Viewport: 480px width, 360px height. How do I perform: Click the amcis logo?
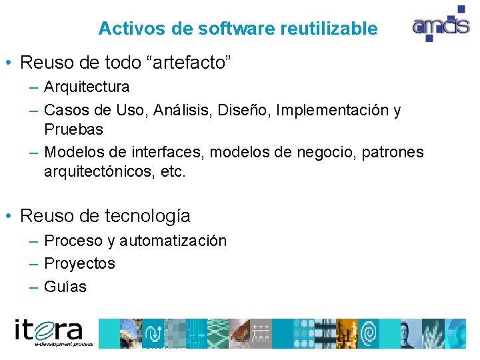point(439,25)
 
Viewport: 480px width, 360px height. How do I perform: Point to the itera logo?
point(50,332)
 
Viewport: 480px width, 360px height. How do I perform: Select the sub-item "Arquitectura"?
point(87,87)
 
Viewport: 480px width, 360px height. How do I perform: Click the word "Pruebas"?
point(74,129)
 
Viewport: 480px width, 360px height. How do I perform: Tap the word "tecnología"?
point(148,216)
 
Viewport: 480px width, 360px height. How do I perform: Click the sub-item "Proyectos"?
point(79,263)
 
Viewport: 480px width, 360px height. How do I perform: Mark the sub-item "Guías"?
point(65,287)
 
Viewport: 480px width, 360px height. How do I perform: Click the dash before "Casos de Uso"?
point(33,109)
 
